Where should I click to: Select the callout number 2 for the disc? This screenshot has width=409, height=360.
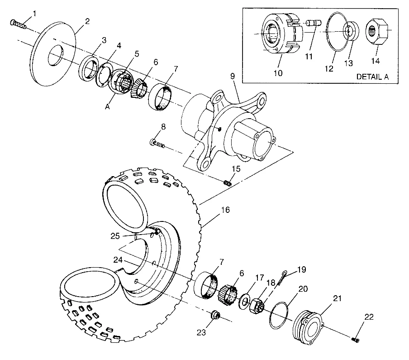[87, 21]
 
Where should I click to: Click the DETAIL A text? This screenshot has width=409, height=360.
[372, 77]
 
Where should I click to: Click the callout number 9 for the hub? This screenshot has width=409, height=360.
[233, 77]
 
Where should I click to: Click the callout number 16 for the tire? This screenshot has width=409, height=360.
[225, 210]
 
